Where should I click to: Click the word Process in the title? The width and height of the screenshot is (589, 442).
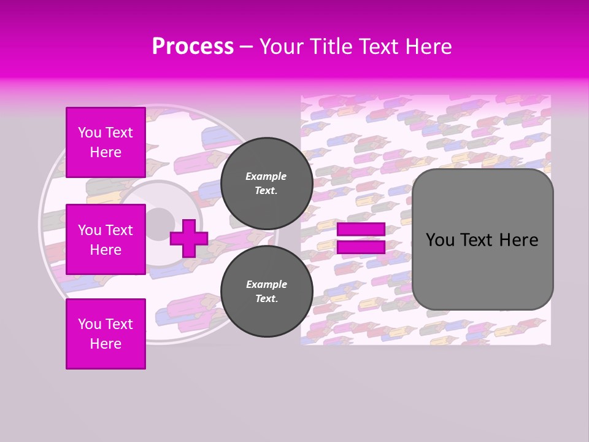pyautogui.click(x=193, y=47)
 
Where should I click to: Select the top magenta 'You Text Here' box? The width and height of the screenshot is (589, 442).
pyautogui.click(x=106, y=142)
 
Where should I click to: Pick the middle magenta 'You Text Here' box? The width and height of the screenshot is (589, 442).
pyautogui.click(x=106, y=239)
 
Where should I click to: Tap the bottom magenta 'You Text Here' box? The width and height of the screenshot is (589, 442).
pyautogui.click(x=106, y=333)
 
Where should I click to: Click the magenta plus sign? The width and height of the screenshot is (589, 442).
pyautogui.click(x=189, y=238)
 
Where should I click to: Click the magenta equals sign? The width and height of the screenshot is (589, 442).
pyautogui.click(x=361, y=238)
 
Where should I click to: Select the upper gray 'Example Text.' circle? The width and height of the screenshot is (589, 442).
pyautogui.click(x=266, y=184)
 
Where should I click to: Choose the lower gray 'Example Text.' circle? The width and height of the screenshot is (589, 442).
pyautogui.click(x=266, y=292)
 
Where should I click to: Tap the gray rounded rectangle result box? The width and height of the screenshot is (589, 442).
pyautogui.click(x=482, y=239)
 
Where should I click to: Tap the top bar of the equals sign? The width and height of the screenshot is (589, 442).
pyautogui.click(x=361, y=230)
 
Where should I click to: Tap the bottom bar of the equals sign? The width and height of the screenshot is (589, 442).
pyautogui.click(x=361, y=247)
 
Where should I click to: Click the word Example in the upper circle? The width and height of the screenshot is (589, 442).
pyautogui.click(x=266, y=176)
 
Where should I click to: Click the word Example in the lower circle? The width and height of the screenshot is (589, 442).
pyautogui.click(x=266, y=284)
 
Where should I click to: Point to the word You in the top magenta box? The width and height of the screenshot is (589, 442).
pyautogui.click(x=90, y=133)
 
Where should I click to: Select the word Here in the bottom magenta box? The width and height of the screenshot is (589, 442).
pyautogui.click(x=106, y=344)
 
